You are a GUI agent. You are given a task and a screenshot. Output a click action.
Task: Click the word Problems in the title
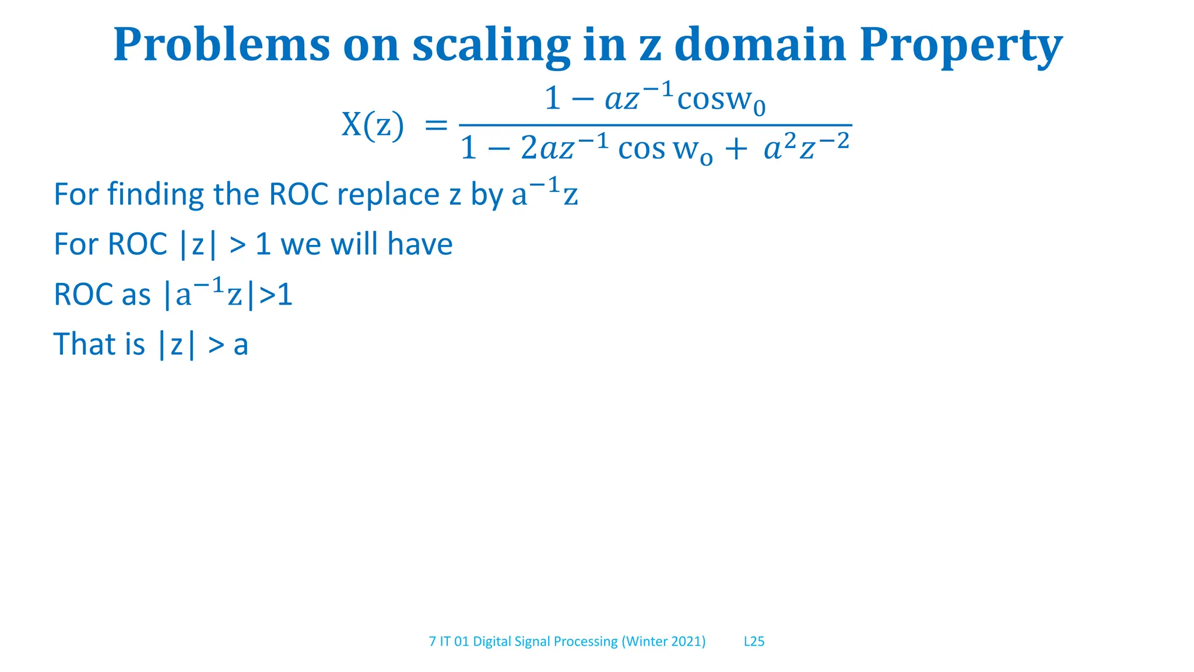tap(222, 45)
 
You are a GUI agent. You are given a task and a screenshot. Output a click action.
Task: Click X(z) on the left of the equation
tap(372, 124)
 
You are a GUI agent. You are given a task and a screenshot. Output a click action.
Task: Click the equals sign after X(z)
tap(436, 125)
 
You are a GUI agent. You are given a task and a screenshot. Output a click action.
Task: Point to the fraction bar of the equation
tap(655, 125)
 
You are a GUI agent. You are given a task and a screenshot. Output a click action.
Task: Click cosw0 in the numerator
tap(721, 99)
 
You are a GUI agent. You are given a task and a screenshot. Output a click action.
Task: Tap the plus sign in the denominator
tap(736, 149)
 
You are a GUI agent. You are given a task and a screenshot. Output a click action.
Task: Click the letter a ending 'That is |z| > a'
tap(241, 345)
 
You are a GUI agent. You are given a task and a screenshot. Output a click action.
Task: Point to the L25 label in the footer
tap(754, 641)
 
